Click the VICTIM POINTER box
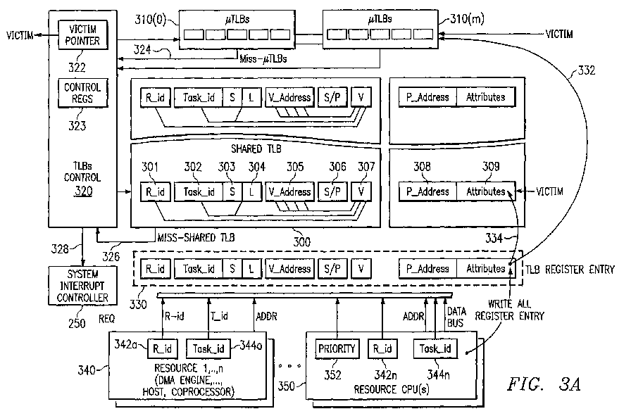coord(83,35)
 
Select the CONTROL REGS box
coord(83,93)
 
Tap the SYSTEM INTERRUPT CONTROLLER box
coord(82,286)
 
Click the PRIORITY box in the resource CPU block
coord(337,348)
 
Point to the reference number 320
coord(83,191)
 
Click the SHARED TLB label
coord(256,149)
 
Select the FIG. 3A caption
coord(544,384)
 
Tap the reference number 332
coord(587,70)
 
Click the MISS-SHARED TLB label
coord(196,237)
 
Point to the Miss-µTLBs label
coord(263,59)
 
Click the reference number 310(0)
coord(150,19)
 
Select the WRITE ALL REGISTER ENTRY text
coord(509,310)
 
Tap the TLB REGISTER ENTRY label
coord(570,269)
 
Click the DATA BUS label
coord(456,317)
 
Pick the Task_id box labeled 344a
coord(208,348)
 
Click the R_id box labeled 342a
coord(162,348)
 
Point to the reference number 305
coord(295,167)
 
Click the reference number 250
coord(77,323)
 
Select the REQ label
coord(106,319)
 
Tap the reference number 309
coord(491,166)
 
